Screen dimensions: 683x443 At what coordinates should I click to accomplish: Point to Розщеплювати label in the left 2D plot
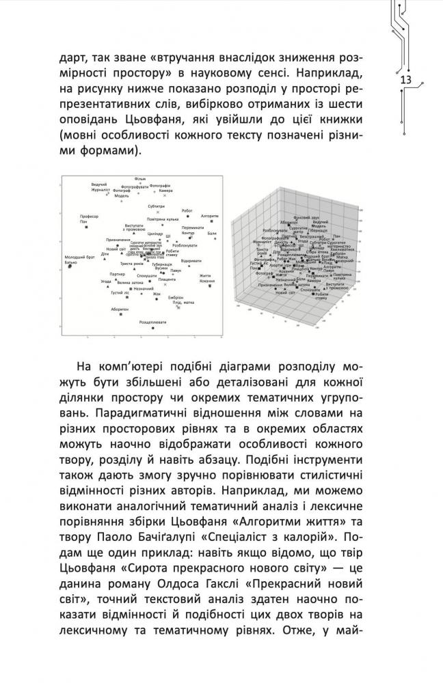[151, 321]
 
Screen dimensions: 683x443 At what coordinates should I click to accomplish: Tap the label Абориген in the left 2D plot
[120, 309]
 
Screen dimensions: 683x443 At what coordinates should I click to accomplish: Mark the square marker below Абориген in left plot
[120, 315]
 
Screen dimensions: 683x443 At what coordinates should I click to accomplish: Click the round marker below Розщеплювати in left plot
[152, 328]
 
